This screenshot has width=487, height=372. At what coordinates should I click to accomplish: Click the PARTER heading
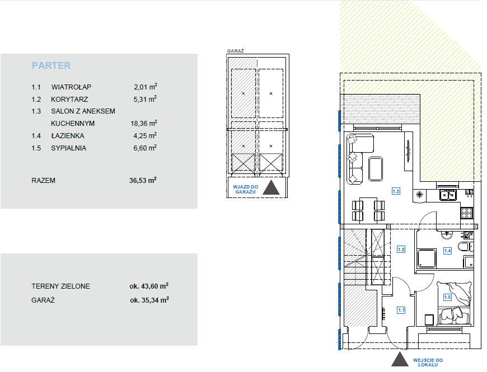click(x=51, y=65)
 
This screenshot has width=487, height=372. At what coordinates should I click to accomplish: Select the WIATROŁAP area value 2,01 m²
click(x=146, y=87)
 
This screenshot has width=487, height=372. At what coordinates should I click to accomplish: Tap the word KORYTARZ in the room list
click(x=69, y=99)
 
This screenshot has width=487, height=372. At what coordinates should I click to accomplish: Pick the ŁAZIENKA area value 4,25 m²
click(x=145, y=135)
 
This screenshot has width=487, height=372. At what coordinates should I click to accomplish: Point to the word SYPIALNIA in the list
click(x=68, y=148)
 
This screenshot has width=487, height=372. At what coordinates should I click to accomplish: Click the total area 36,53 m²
click(x=143, y=180)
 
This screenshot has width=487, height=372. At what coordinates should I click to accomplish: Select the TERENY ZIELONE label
click(x=60, y=286)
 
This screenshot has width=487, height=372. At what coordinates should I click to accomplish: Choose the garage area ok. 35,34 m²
click(x=149, y=300)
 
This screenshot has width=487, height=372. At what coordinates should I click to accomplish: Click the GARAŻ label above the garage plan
click(x=236, y=51)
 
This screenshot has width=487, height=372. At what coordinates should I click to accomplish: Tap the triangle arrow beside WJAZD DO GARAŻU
click(x=271, y=188)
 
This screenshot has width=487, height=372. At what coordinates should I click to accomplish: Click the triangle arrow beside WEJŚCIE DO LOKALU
click(x=400, y=360)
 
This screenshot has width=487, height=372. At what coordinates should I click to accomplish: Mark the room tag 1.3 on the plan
click(x=396, y=191)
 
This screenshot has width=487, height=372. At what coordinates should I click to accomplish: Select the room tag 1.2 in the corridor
click(x=401, y=249)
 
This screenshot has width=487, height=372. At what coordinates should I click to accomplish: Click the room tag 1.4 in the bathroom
click(x=447, y=251)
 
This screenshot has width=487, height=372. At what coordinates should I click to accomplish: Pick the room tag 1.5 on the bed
click(x=447, y=297)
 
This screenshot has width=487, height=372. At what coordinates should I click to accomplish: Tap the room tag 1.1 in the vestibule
click(x=401, y=310)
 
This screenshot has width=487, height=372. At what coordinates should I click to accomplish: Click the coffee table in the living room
click(x=376, y=169)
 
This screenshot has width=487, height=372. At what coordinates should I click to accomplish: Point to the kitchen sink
click(x=448, y=195)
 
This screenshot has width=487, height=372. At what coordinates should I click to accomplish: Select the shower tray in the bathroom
click(x=426, y=258)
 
